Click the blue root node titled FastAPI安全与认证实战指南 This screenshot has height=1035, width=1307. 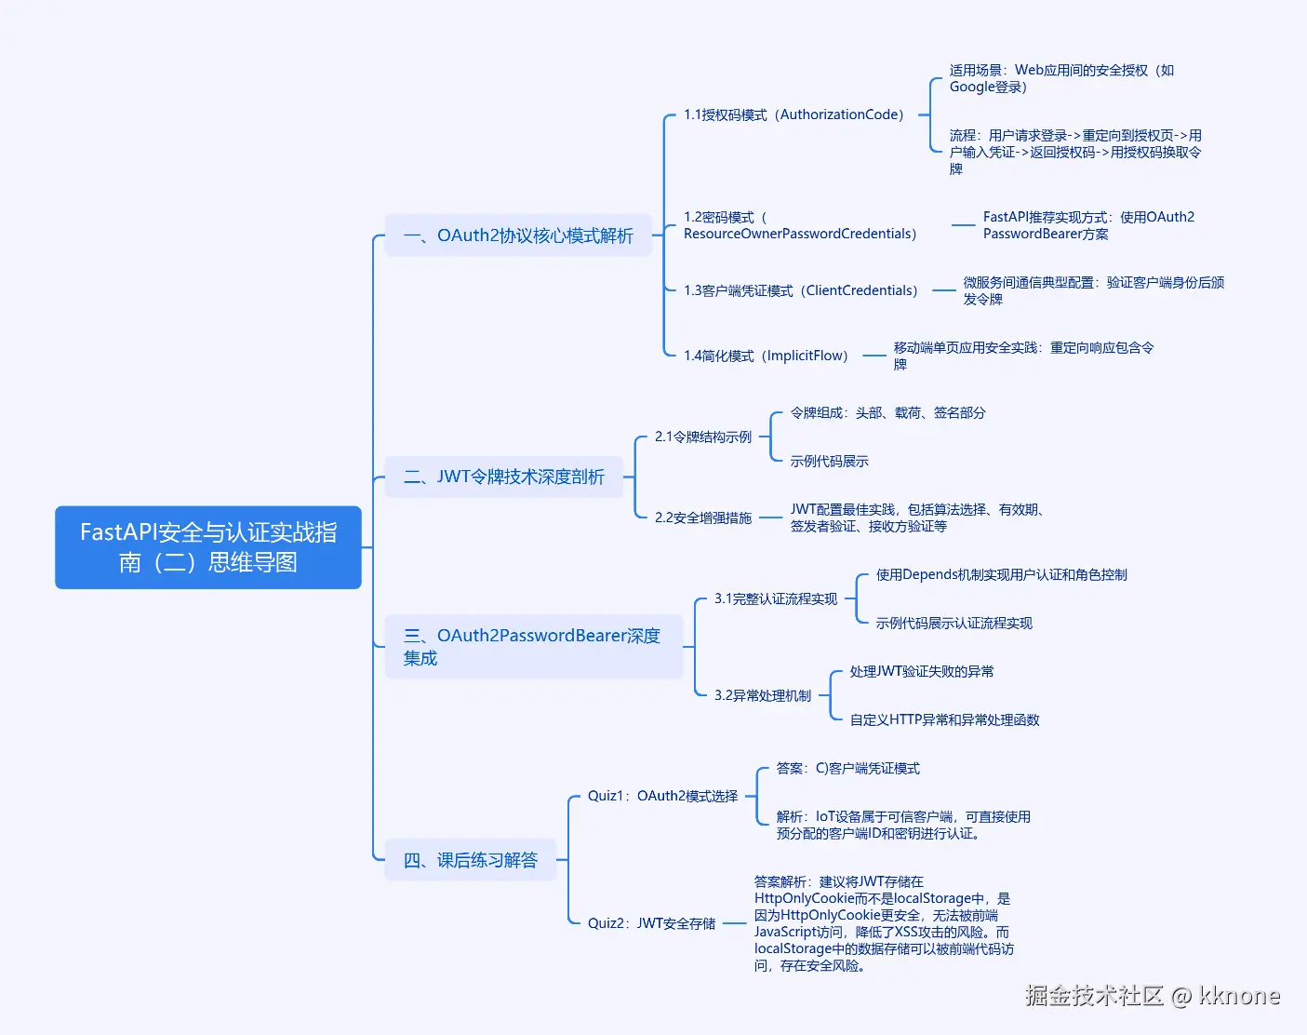208,547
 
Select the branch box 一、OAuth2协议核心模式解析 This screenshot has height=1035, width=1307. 518,235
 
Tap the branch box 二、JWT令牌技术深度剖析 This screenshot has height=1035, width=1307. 504,477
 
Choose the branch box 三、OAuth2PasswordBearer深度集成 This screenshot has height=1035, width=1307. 534,647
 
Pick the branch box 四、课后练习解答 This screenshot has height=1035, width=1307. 471,860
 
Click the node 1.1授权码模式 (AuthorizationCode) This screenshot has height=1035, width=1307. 794,114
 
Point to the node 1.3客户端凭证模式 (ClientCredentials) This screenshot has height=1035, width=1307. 801,290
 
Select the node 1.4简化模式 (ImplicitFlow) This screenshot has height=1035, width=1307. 766,356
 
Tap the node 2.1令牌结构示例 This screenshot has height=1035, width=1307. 703,437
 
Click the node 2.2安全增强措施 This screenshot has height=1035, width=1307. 703,517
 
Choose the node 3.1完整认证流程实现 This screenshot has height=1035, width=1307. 776,598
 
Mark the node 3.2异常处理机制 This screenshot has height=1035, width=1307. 763,695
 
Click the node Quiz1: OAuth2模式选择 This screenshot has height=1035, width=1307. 662,796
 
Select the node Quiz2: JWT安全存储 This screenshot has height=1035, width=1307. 652,923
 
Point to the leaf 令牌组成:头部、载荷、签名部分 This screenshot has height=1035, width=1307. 887,412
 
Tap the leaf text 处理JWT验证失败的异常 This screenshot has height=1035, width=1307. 922,671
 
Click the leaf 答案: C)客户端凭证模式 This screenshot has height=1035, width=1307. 847,768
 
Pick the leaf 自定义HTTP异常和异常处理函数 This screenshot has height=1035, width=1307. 944,719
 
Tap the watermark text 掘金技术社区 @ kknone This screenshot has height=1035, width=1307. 1153,996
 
